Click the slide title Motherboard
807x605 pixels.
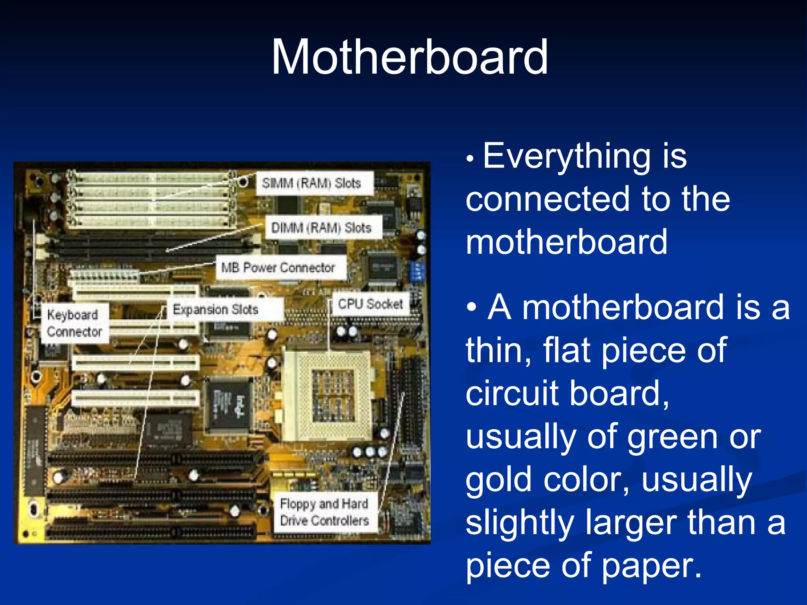(x=409, y=58)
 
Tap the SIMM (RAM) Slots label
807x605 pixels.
(x=312, y=183)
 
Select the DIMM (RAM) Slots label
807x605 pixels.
(x=321, y=228)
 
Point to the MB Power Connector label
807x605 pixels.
(x=278, y=268)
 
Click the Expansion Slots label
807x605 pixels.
(x=216, y=310)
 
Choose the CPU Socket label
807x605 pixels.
(x=370, y=304)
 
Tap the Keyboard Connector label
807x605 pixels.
(x=74, y=323)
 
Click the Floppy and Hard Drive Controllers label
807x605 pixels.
(x=324, y=512)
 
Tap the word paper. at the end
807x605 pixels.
(x=652, y=566)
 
